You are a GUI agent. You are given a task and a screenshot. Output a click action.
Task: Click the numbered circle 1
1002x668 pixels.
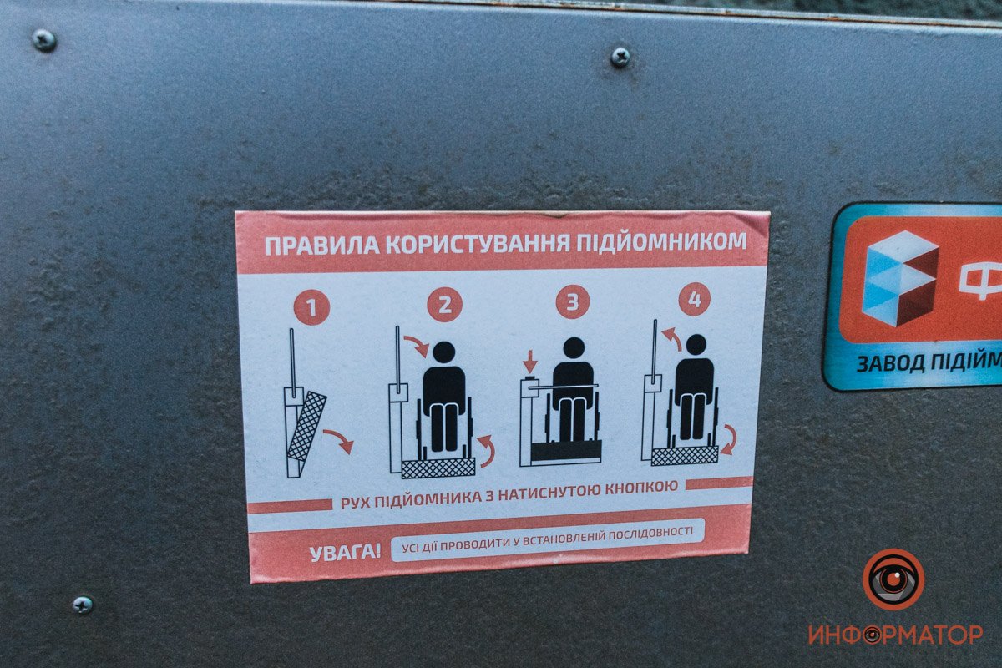311,308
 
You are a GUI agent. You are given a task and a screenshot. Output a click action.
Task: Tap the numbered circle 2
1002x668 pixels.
444,305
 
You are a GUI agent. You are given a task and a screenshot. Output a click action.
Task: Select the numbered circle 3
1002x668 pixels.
572,302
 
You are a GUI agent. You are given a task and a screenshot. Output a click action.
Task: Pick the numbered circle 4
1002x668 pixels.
694,299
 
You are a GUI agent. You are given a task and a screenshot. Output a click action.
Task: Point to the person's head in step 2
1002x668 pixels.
443,352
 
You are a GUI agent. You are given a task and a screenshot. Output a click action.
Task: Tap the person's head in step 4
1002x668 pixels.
696,345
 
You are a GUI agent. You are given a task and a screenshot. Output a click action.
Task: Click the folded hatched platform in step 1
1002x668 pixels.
306,425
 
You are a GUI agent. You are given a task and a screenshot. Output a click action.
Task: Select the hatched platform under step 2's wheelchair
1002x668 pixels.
438,468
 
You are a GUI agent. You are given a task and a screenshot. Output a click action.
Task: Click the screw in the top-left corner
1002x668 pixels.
43,39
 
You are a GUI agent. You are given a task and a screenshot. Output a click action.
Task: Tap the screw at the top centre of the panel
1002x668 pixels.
620,57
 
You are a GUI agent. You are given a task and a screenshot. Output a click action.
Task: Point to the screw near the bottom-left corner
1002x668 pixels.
82,605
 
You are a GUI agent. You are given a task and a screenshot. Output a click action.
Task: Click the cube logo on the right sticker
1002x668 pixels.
899,278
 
